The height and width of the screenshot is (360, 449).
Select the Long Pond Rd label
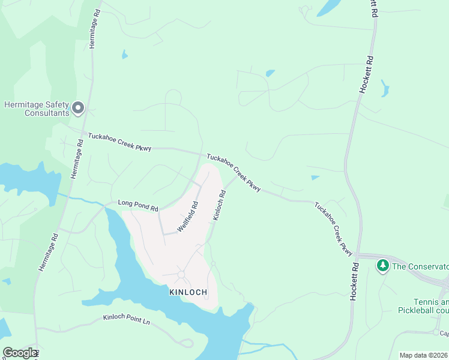tap(138, 205)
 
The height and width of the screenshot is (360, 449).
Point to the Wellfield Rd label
tap(188, 212)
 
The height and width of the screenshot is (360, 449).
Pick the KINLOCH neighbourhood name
tap(188, 292)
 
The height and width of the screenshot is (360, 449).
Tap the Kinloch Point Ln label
tap(126, 320)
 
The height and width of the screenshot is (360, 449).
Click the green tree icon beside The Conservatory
tap(382, 265)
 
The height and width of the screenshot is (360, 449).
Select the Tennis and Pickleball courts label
tap(424, 306)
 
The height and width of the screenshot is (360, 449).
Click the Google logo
tap(20, 353)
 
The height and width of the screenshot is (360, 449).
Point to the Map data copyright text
tap(424, 355)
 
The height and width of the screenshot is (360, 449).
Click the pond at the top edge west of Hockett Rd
tap(327, 8)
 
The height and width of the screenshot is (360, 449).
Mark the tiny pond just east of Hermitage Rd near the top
tap(125, 55)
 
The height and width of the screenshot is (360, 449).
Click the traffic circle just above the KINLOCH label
tap(181, 275)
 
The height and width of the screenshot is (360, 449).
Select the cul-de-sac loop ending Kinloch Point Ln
tap(187, 343)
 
